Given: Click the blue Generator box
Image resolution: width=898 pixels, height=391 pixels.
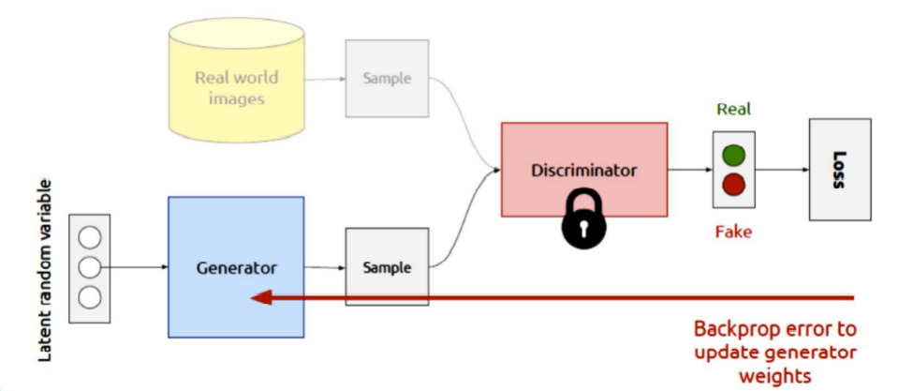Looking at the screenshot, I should tap(235, 267).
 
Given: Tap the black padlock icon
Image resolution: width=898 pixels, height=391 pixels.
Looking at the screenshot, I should tap(583, 218).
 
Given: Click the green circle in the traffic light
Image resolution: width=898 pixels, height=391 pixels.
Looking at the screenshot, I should tap(734, 154).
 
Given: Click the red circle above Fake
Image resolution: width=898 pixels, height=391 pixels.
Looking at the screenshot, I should tap(734, 184).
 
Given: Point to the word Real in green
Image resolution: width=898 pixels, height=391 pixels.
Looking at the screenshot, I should tap(734, 109).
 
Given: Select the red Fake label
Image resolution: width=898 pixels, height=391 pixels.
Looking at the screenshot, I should tap(734, 232).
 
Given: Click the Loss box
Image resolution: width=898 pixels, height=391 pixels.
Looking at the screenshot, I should tap(839, 170).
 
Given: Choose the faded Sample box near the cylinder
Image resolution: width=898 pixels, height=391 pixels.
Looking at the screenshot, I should tap(387, 79).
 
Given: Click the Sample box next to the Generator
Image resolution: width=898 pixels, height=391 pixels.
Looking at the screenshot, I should tap(387, 267).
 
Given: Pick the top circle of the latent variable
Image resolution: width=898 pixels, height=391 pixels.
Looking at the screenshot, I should tap(89, 236).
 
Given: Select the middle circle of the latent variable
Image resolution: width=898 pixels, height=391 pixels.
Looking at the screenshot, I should tap(89, 267).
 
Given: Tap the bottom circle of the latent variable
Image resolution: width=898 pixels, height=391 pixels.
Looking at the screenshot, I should tap(89, 298).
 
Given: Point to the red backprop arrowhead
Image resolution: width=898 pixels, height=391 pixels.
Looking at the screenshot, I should tap(261, 297).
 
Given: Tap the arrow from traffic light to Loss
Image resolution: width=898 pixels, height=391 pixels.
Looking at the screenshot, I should tap(782, 171).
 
